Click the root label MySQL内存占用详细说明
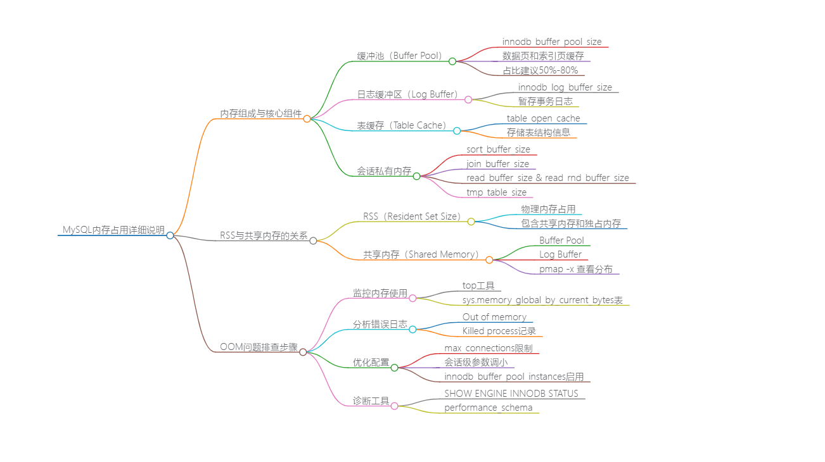tap(113, 230)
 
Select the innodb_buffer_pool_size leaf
tap(552, 42)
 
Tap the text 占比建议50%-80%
tap(540, 70)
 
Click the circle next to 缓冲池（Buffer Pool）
tap(452, 61)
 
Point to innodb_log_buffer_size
tap(565, 87)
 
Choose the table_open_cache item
tap(543, 118)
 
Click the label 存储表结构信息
tap(538, 132)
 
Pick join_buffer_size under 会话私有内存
tap(497, 164)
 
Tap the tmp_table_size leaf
tap(496, 192)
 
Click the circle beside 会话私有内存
tap(416, 176)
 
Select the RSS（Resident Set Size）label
tap(412, 216)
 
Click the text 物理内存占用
tap(548, 209)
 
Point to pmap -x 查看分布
tap(576, 269)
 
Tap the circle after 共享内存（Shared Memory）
tap(489, 259)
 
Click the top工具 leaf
tap(478, 285)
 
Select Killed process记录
tap(499, 331)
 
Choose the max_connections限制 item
tap(488, 348)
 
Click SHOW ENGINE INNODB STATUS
tap(511, 394)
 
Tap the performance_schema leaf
tap(488, 408)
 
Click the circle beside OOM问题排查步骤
tap(303, 352)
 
